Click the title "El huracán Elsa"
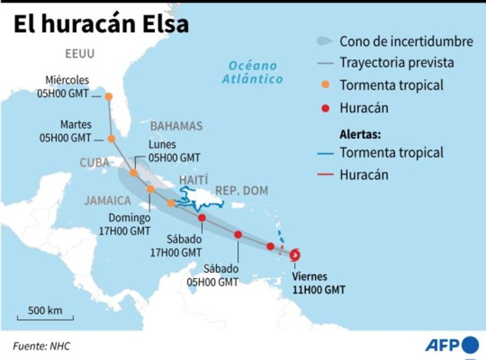[x=101, y=24]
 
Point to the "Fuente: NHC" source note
[x=42, y=346]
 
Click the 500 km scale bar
[x=45, y=318]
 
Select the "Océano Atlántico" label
[x=253, y=72]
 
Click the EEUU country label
[x=80, y=54]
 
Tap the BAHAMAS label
[x=176, y=126]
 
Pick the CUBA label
[x=95, y=162]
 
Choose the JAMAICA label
[x=108, y=201]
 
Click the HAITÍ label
[x=194, y=179]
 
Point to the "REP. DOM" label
[x=241, y=191]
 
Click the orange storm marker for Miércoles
[x=108, y=96]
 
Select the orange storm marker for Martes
[x=112, y=139]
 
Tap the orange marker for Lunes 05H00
[x=133, y=173]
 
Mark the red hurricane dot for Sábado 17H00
[x=202, y=218]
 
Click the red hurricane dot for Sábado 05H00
[x=238, y=235]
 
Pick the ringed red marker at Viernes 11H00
[x=295, y=255]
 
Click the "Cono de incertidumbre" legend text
[x=406, y=41]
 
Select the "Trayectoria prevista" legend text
[x=397, y=63]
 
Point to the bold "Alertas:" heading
[x=360, y=135]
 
